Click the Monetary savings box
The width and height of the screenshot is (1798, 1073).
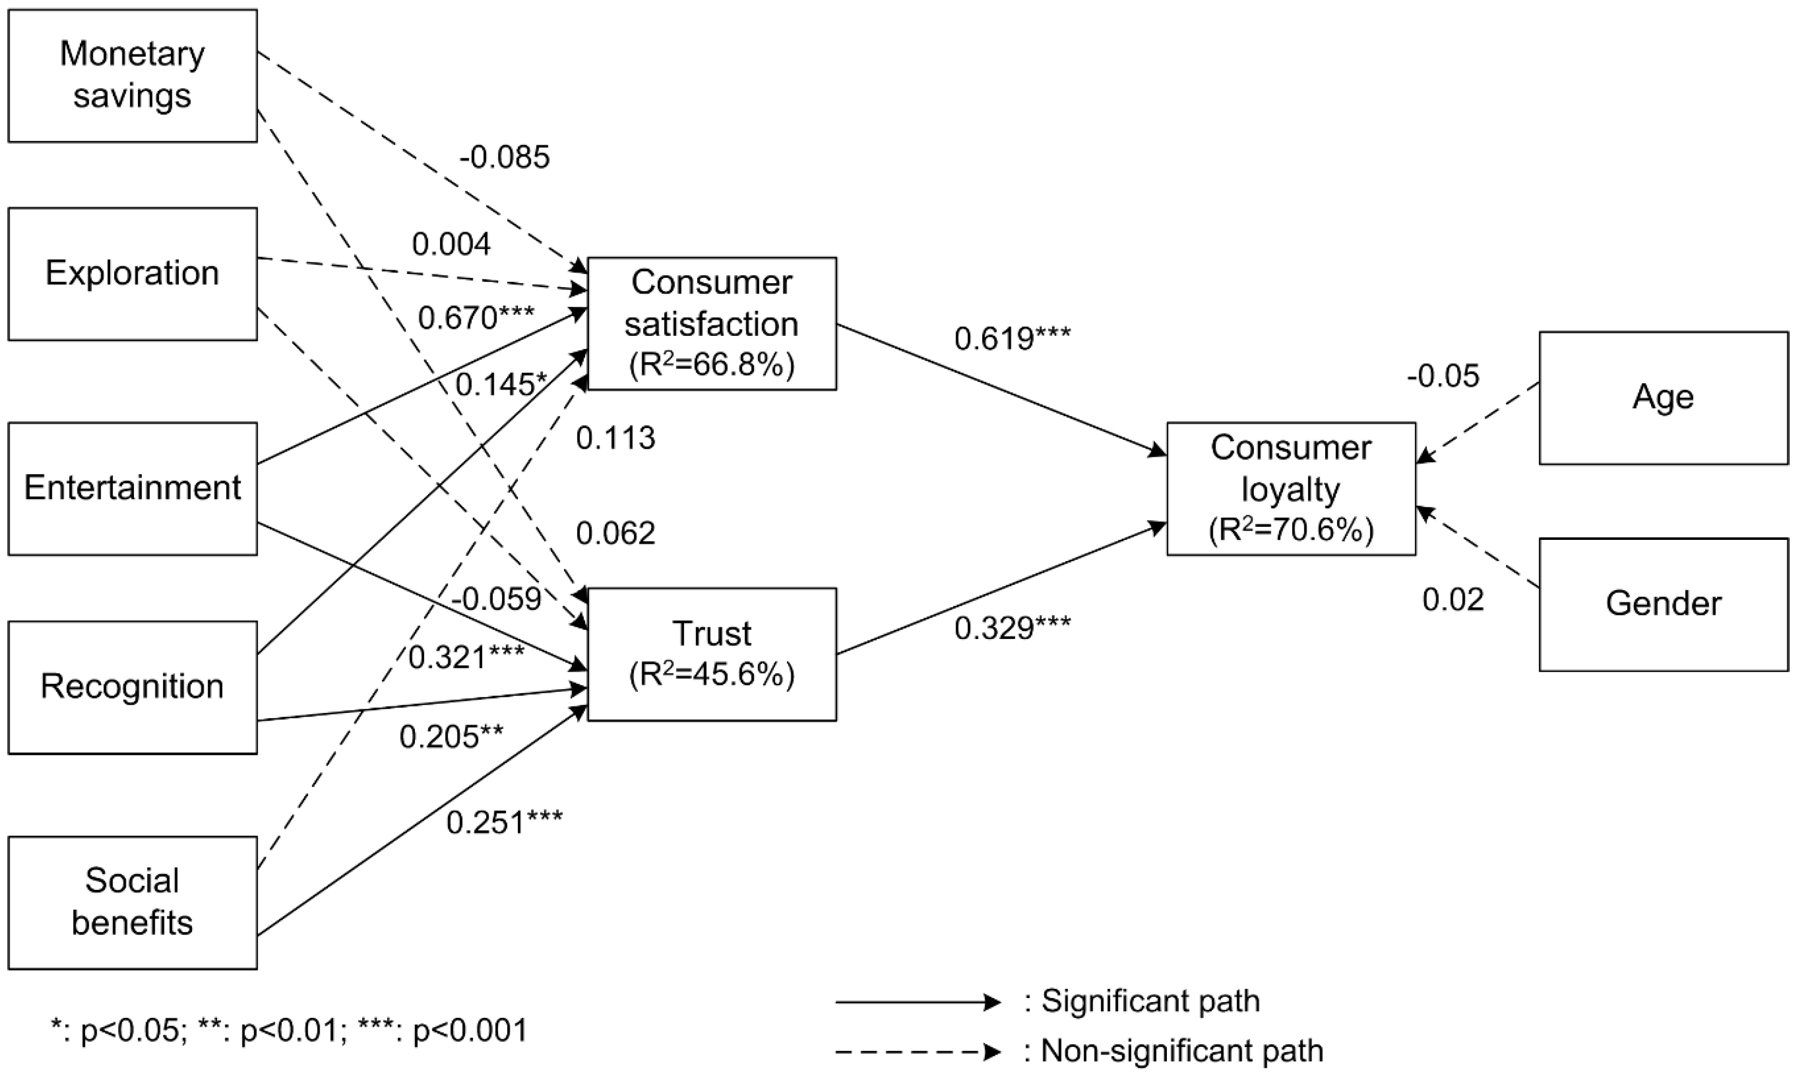point(133,75)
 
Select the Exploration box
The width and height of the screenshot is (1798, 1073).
point(133,274)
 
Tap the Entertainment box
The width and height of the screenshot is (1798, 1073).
point(133,489)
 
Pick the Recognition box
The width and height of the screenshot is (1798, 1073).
point(133,688)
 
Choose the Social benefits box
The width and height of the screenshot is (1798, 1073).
point(133,903)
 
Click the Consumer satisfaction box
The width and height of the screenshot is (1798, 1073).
point(712,323)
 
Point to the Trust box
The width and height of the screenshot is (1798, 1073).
point(712,654)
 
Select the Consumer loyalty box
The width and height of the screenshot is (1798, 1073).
point(1291,489)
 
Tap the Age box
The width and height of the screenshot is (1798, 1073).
point(1664,398)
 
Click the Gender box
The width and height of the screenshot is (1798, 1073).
point(1664,605)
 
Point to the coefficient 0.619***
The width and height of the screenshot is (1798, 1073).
point(1013,338)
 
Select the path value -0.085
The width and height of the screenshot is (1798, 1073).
point(505,157)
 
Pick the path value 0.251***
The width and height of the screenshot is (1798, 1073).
point(504,823)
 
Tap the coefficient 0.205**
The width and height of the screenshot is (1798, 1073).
point(451,737)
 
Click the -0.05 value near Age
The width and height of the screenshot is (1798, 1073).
point(1443,377)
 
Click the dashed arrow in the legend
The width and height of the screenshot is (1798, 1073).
point(918,1051)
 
